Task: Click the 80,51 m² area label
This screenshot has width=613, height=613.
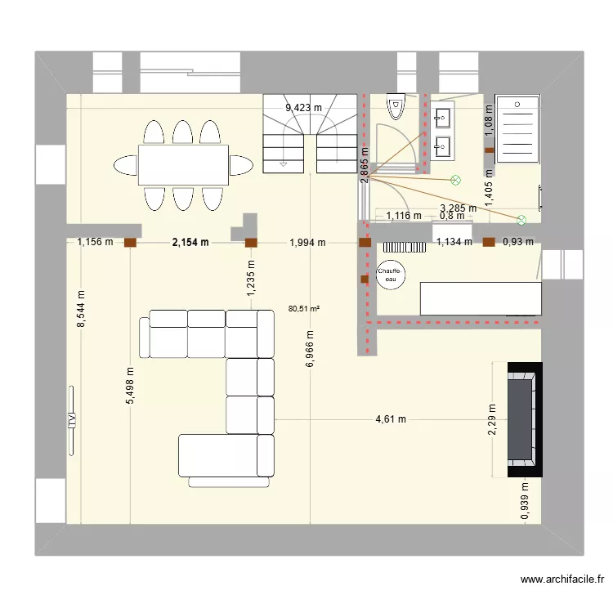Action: click(304, 308)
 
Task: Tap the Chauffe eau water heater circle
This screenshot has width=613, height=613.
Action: click(389, 275)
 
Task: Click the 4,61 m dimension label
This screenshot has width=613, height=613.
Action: click(391, 419)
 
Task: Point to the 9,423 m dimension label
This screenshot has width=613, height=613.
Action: click(303, 107)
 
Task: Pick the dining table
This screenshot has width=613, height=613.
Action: click(182, 164)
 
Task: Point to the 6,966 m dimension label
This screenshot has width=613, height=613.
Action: click(310, 349)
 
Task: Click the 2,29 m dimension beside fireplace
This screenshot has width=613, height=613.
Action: click(492, 419)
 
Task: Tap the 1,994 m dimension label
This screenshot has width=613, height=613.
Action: click(307, 242)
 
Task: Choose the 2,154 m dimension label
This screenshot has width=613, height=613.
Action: click(190, 242)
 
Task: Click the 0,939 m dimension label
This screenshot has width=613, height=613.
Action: click(524, 500)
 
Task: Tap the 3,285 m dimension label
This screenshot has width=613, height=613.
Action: click(458, 208)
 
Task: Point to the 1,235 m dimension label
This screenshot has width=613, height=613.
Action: click(251, 276)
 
